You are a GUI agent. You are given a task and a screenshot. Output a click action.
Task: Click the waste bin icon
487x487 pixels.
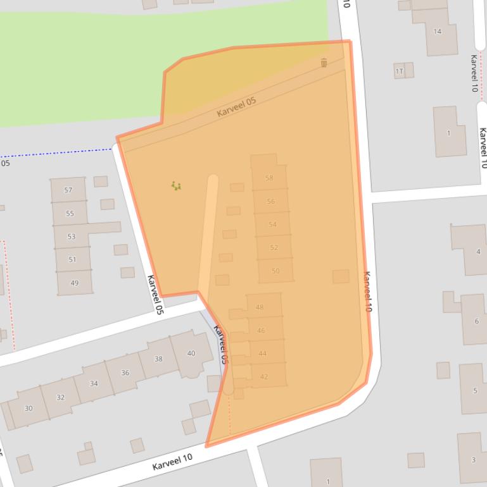point(324,62)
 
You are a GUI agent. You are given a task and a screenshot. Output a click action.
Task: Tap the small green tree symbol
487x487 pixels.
point(176,185)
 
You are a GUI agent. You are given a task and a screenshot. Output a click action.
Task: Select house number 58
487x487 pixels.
point(269,178)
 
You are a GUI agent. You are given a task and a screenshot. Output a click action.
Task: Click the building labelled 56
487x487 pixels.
point(270,201)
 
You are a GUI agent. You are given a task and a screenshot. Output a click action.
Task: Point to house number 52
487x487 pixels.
point(274,247)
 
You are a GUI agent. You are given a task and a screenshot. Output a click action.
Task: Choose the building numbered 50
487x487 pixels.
point(275,271)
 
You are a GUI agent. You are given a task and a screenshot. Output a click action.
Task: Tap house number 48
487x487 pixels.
point(260,307)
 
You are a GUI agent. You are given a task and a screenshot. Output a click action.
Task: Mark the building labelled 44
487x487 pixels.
point(262,354)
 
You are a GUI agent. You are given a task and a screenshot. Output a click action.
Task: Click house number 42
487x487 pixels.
point(264,376)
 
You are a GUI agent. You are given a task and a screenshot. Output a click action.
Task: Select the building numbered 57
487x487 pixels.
point(68,190)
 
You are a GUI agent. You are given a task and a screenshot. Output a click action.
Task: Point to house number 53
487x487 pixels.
point(72,237)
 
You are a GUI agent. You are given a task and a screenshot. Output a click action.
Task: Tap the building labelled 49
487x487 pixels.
point(75,283)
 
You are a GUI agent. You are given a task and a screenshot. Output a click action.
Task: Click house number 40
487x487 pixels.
point(191,353)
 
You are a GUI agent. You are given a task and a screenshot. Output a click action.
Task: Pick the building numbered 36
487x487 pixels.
point(125,373)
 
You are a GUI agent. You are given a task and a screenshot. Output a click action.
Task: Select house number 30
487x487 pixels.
point(28,408)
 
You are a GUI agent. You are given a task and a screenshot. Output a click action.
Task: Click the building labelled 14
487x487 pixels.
point(437,31)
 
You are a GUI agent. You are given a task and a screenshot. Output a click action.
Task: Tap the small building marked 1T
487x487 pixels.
point(400,71)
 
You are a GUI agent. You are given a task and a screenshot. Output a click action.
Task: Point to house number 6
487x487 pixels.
point(476,321)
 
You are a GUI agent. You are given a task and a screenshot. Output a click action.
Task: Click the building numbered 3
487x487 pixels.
point(472,459)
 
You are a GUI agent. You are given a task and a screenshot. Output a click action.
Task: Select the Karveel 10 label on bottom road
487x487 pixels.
point(172,462)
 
